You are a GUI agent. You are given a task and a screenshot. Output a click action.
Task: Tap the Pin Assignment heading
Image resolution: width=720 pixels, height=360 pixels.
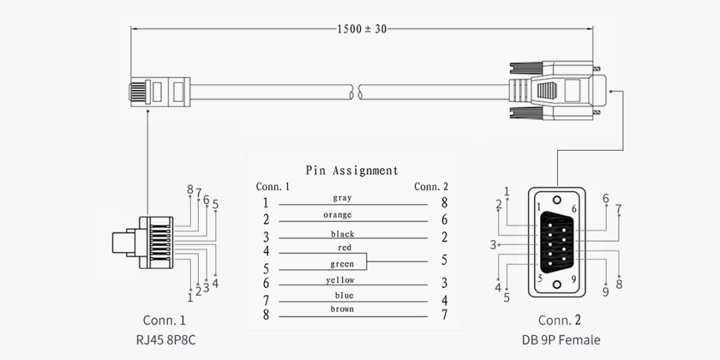click(x=352, y=170)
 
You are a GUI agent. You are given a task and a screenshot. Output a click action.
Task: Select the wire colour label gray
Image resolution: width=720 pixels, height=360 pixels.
click(x=342, y=198)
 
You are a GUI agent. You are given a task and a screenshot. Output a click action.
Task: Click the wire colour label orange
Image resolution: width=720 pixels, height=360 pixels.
click(x=337, y=215)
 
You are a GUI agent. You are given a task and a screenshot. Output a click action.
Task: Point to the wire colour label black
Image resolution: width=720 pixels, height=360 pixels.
click(x=343, y=234)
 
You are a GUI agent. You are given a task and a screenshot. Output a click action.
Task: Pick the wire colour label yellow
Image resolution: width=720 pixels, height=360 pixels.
click(x=340, y=280)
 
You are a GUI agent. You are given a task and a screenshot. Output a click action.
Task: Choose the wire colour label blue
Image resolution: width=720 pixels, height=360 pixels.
click(x=345, y=295)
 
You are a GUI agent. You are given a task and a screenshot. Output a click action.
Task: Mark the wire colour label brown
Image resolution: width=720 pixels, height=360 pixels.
click(x=342, y=309)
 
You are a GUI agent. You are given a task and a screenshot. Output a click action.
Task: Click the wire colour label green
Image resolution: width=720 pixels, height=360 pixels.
click(x=342, y=265)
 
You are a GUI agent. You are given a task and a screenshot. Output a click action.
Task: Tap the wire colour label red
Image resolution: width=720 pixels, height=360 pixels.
click(x=345, y=248)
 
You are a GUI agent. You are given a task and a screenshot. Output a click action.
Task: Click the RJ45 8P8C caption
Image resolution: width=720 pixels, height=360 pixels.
click(x=166, y=340)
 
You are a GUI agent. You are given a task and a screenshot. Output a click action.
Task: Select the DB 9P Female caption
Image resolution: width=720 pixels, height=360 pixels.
click(x=561, y=340)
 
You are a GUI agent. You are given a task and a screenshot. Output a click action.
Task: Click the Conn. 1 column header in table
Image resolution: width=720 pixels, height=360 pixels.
click(x=273, y=187)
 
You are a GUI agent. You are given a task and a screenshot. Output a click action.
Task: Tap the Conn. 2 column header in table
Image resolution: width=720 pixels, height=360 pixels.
click(x=431, y=187)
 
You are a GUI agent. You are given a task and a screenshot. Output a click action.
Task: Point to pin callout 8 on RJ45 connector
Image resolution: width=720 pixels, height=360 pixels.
click(x=190, y=190)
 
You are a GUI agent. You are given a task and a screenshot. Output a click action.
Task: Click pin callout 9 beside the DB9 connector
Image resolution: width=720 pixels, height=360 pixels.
click(x=605, y=291)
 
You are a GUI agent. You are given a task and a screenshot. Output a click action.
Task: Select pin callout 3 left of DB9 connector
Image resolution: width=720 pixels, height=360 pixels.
click(x=493, y=245)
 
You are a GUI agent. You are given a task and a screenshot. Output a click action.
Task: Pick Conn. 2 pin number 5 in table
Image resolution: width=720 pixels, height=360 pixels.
click(x=444, y=260)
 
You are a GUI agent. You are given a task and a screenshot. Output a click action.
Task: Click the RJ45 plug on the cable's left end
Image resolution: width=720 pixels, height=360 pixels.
click(x=159, y=91)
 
